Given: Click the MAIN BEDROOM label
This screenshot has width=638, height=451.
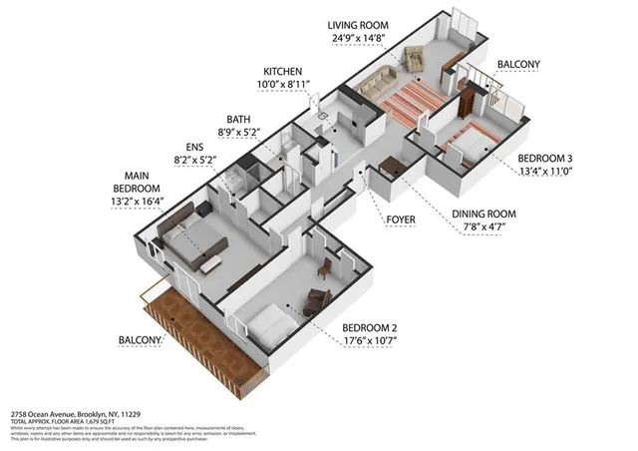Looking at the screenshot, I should click(136, 182).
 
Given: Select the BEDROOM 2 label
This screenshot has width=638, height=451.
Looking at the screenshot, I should click(375, 327).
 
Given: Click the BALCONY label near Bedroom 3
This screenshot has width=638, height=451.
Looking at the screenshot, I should click(519, 65).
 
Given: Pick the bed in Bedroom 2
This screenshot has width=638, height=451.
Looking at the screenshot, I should click(267, 322).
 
